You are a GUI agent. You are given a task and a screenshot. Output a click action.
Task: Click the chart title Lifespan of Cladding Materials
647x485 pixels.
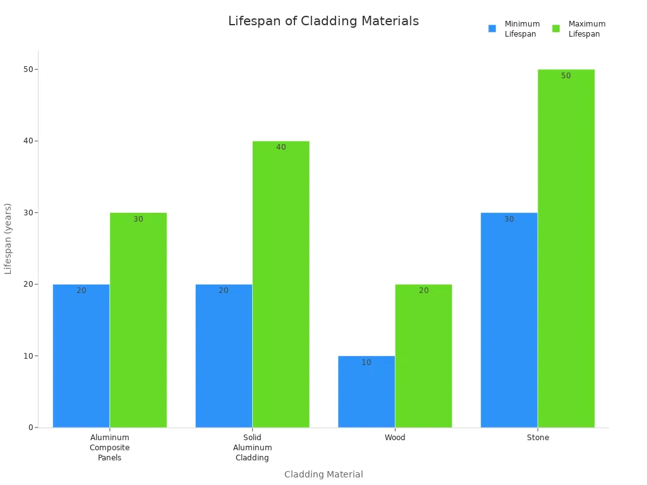pos(323,21)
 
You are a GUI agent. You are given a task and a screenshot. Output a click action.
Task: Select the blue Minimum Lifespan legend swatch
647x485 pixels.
pos(492,28)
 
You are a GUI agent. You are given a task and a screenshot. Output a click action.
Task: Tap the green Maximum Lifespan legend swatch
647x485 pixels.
pos(556,28)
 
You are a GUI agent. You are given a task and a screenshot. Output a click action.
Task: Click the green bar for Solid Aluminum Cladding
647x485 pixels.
pos(281,284)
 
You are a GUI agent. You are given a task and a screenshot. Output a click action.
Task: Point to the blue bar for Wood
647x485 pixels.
pos(366,392)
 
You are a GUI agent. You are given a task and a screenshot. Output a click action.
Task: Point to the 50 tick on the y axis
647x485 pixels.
pos(29,69)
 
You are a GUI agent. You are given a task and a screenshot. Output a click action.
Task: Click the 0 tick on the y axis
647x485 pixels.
pos(30,428)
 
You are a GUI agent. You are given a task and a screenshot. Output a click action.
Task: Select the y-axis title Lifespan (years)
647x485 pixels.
pos(8,238)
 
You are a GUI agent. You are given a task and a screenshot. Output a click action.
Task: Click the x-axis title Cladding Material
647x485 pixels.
pos(323,474)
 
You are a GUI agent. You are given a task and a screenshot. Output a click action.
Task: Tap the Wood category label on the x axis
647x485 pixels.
pos(395,438)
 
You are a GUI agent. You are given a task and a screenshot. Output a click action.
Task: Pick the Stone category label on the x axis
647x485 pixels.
pos(538,438)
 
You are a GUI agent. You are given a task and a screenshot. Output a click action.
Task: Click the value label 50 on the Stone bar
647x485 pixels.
pos(565,76)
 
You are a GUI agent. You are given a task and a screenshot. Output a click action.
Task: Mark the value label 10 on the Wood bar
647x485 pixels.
pos(366,362)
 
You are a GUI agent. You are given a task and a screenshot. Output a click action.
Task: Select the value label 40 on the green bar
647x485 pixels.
pos(281,147)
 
